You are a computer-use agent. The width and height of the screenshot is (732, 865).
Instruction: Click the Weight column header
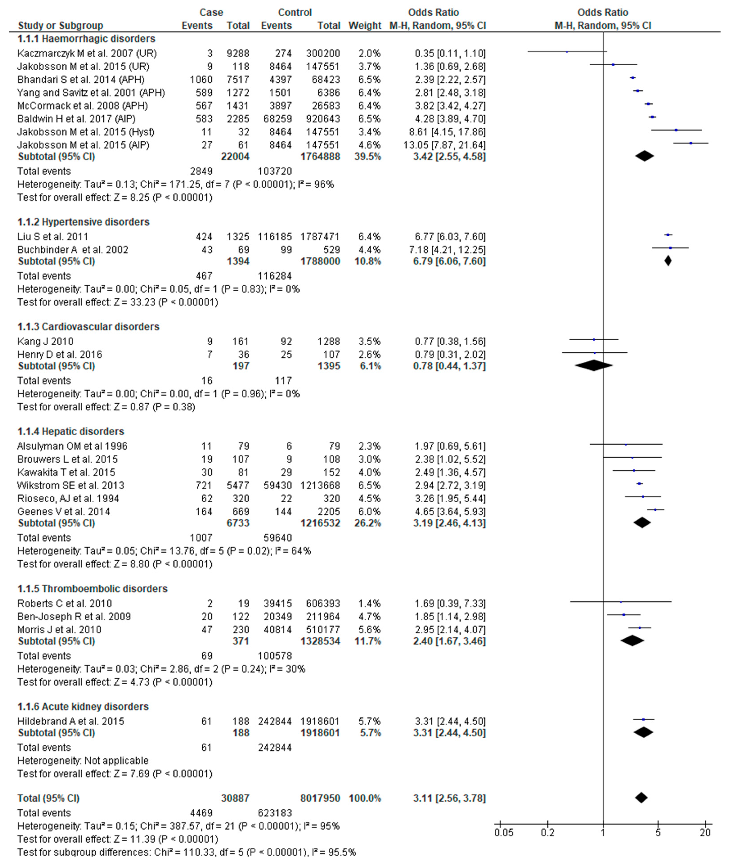pos(364,26)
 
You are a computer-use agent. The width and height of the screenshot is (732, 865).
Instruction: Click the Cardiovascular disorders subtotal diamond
pos(593,366)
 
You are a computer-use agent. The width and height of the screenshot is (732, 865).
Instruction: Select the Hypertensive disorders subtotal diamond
pos(668,261)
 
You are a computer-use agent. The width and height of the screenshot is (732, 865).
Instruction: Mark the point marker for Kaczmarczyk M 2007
pos(567,52)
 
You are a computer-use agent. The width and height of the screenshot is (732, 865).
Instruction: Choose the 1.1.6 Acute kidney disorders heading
pos(83,707)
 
